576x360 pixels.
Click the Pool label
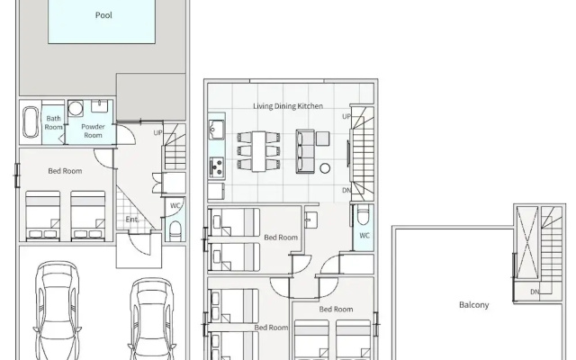[x=103, y=15]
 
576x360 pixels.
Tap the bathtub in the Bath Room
[x=31, y=121]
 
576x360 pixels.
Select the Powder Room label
[x=93, y=130]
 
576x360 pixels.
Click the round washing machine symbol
[x=76, y=108]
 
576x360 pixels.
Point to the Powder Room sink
[x=99, y=106]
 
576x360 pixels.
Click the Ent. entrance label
[x=132, y=220]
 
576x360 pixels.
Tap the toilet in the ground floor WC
[x=175, y=230]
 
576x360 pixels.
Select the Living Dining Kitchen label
[x=288, y=106]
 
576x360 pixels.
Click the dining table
[x=259, y=151]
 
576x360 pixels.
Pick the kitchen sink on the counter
[x=216, y=130]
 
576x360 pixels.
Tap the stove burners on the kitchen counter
[x=216, y=167]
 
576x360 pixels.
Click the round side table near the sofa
[x=325, y=168]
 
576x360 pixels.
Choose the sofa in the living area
[x=305, y=151]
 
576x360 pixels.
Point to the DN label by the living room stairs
[x=346, y=190]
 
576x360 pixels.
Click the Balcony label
[x=474, y=305]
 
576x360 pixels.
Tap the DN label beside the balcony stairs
[x=535, y=292]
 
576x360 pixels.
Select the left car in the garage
[x=57, y=310]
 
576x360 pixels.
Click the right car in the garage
[x=152, y=319]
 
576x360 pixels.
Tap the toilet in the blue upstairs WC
[x=364, y=216]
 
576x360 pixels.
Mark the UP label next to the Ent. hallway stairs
[x=157, y=132]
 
